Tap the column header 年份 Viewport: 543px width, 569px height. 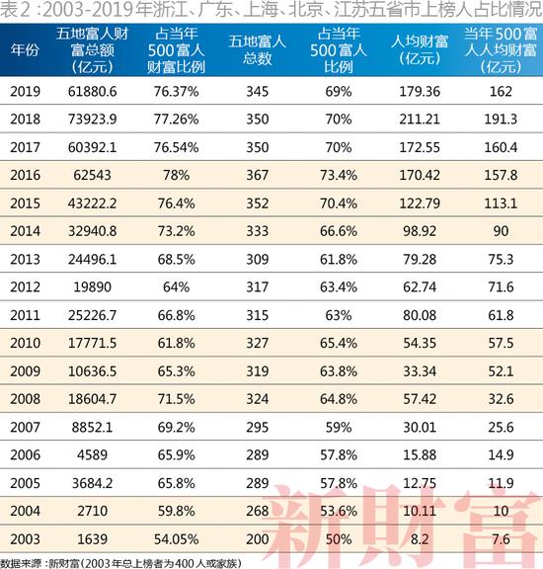(x=25, y=48)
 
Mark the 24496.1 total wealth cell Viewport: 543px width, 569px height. (x=96, y=259)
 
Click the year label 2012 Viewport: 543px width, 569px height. (x=25, y=286)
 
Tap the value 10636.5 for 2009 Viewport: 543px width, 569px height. (x=96, y=370)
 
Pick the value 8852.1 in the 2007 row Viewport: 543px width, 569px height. (x=96, y=426)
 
